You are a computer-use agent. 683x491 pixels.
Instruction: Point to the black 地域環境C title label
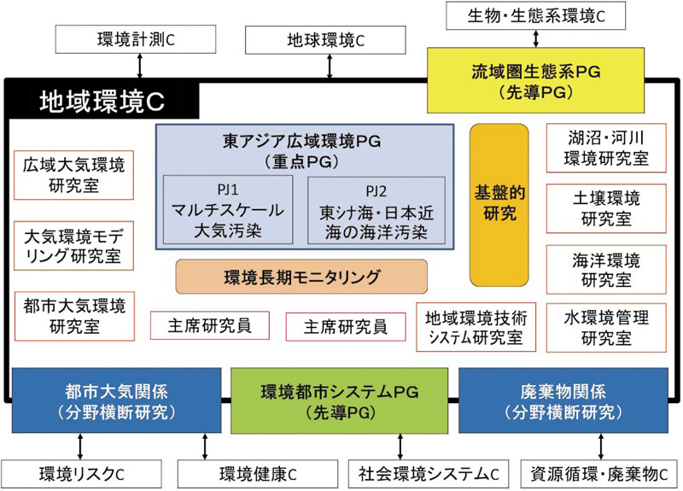[x=102, y=102]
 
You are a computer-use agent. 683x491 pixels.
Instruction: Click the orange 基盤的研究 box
[x=499, y=205]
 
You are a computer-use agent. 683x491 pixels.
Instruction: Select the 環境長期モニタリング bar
[x=301, y=277]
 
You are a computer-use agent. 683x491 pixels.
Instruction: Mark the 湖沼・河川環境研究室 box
[x=606, y=147]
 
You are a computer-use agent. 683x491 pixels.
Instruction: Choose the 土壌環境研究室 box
[x=606, y=208]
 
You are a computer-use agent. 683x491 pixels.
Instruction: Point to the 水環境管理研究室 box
[x=606, y=327]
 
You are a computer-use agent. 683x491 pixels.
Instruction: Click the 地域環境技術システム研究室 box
[x=476, y=326]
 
